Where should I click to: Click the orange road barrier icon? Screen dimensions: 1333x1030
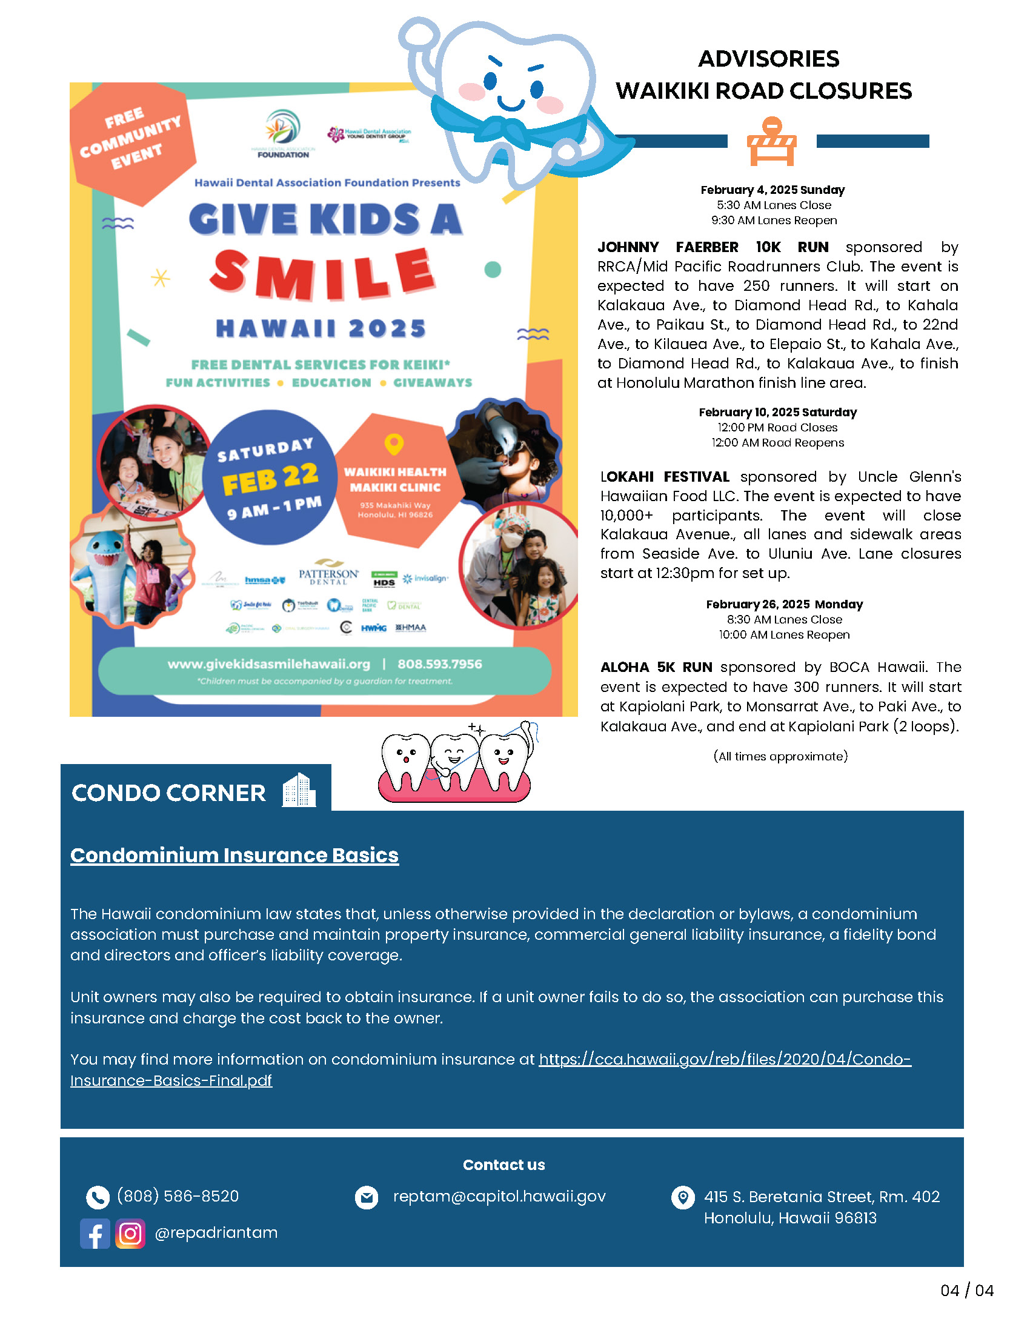(771, 142)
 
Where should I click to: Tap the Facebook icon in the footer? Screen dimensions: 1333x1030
(95, 1234)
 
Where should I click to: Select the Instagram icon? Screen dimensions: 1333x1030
(130, 1234)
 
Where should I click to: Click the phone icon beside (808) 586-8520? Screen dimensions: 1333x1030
(98, 1197)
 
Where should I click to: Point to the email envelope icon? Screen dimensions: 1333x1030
(367, 1197)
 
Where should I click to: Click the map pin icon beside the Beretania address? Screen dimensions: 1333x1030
(683, 1197)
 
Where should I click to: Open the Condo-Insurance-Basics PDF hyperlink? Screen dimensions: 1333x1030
(724, 1060)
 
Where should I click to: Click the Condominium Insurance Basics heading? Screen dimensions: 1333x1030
(234, 856)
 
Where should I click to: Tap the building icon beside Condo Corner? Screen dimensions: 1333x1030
(299, 790)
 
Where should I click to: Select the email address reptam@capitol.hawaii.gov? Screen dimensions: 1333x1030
(499, 1196)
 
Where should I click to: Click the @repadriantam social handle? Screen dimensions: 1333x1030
(216, 1233)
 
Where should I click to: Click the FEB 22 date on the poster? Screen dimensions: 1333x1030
(270, 479)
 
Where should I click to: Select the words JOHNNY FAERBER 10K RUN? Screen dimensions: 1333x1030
(713, 247)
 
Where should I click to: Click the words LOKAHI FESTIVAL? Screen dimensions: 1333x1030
(665, 477)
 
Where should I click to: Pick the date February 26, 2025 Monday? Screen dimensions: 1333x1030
(784, 604)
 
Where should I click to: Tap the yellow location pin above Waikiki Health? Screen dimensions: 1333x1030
(394, 444)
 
